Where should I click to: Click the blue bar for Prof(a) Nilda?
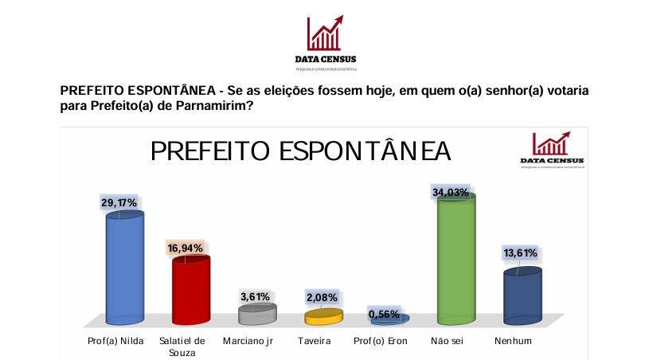coord(126,267)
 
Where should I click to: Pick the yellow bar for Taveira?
coord(324,316)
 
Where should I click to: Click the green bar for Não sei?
coord(457,259)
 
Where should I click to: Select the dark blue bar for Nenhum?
coord(523,295)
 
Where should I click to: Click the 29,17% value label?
coord(119,203)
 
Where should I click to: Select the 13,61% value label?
coord(520,253)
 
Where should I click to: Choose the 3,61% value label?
coord(256,296)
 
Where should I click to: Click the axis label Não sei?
coord(457,341)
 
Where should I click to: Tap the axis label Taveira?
coord(323,341)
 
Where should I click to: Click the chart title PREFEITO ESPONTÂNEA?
coord(301,151)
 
